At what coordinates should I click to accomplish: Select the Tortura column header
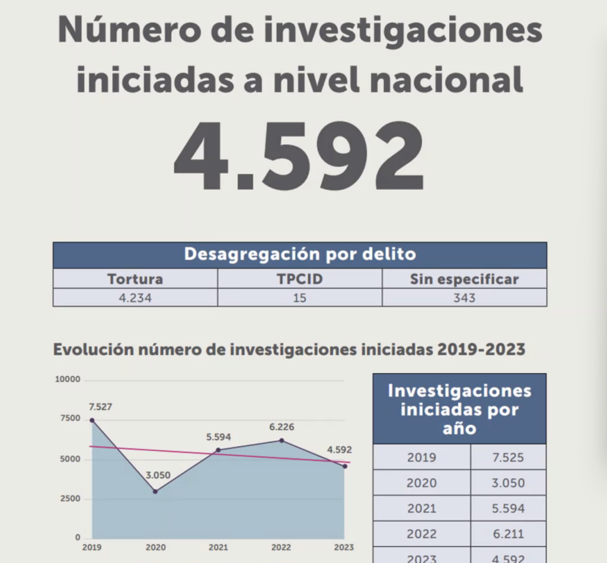coord(135,279)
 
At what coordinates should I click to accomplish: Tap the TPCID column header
coord(300,279)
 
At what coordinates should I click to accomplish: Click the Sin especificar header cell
coord(464,279)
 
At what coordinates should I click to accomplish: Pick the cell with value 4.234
coord(135,298)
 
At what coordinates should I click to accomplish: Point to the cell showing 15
coord(300,298)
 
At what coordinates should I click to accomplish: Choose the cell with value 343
coord(464,298)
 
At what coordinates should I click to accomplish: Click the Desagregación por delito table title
coord(300,255)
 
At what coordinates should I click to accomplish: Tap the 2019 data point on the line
coord(92,420)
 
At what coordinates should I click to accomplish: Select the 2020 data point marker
coord(155,491)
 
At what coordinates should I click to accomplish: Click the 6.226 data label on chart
coord(281,427)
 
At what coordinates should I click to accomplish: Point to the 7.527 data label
coord(100,407)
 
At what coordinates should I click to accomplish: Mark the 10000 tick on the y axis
coord(67,380)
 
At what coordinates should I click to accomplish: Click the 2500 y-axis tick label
coord(70,498)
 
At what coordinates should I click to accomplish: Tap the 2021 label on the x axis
coord(218,547)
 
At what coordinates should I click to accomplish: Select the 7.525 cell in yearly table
coord(508,457)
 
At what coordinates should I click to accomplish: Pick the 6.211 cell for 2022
coord(508,534)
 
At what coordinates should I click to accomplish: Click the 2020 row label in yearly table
coord(421,483)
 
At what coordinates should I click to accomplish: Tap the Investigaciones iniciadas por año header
coord(459,409)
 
